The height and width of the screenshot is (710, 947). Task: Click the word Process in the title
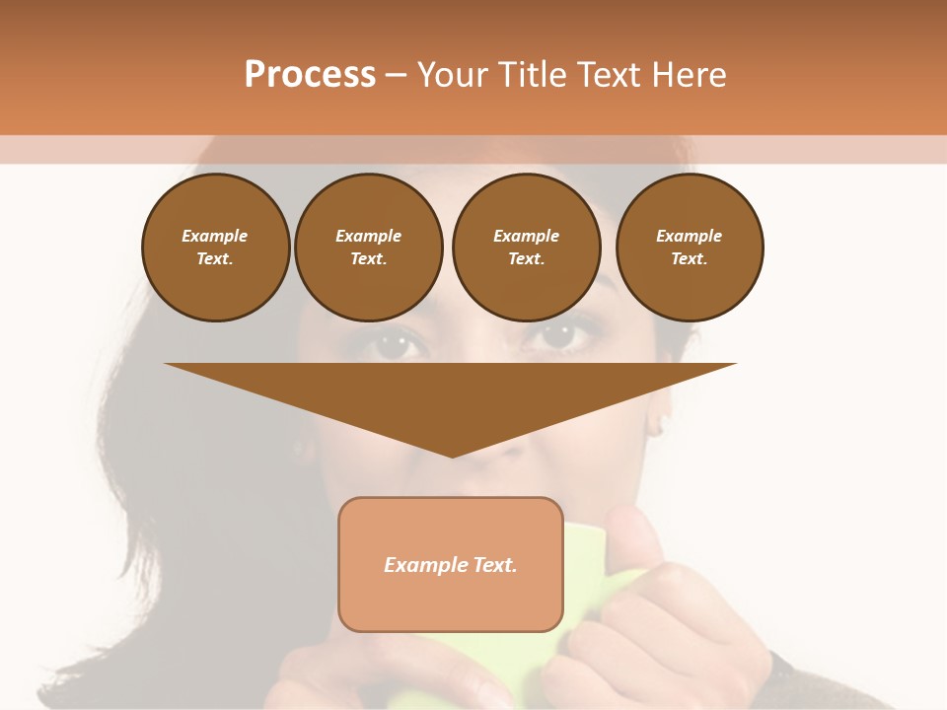point(310,75)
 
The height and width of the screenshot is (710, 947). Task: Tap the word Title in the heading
point(530,75)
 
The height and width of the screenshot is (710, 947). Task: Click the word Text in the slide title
point(613,75)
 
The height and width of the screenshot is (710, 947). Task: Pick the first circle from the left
point(215,248)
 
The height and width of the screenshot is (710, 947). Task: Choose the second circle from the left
point(368,248)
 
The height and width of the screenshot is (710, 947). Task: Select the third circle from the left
point(526,248)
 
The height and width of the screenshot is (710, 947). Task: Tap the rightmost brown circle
point(689,248)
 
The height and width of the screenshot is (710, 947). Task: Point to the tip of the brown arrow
point(452,455)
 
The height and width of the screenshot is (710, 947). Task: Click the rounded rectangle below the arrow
point(451,564)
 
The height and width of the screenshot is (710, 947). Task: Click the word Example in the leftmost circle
point(215,236)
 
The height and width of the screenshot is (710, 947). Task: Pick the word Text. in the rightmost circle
point(689,259)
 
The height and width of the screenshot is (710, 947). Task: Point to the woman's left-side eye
point(396,344)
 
